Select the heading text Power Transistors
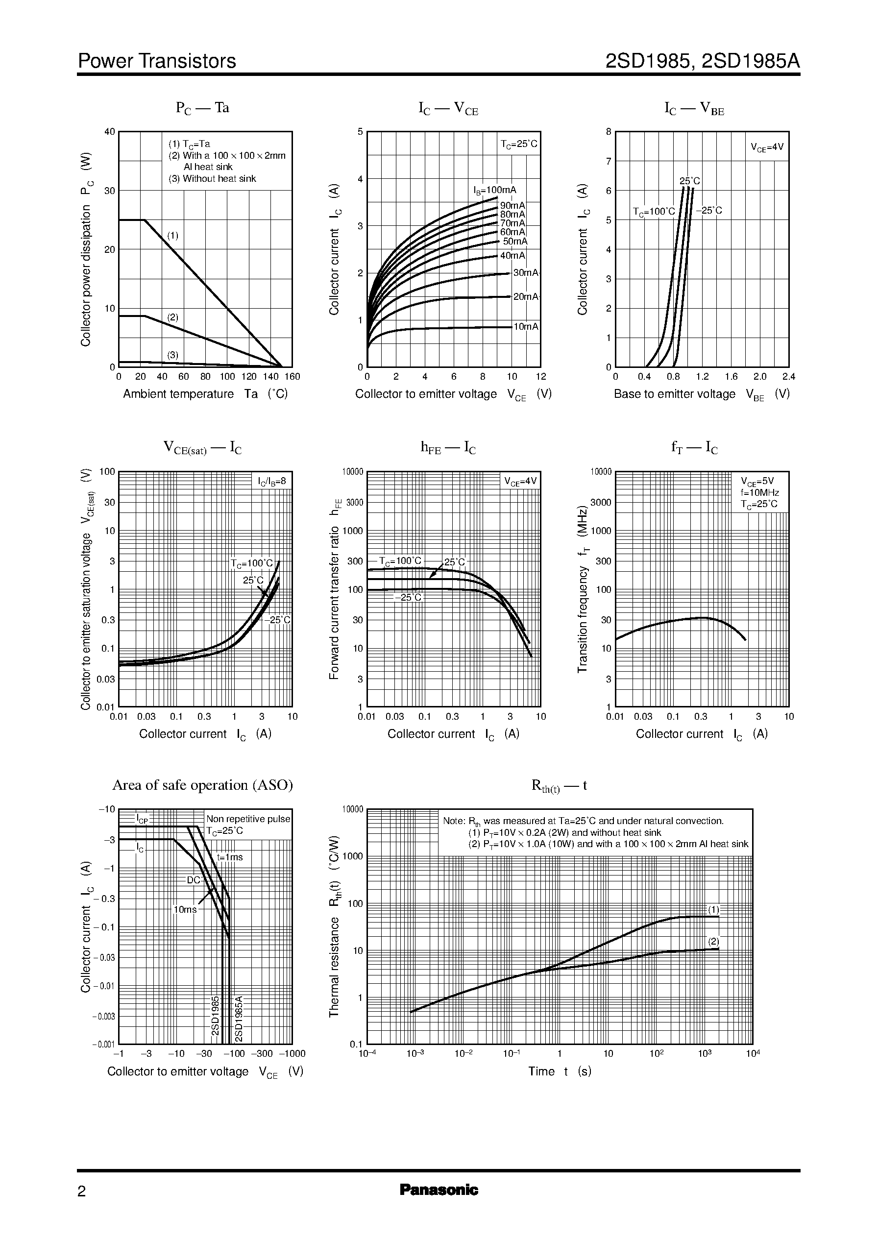point(157,61)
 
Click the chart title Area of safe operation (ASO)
point(202,785)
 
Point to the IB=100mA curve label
point(495,190)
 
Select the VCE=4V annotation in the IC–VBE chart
point(767,147)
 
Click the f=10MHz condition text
point(759,492)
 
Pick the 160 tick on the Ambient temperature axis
point(293,377)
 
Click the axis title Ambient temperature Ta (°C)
point(205,394)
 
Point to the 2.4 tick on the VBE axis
point(788,377)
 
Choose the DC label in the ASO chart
point(193,880)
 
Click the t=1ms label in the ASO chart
point(230,857)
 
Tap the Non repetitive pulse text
point(248,819)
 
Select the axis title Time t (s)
point(560,1071)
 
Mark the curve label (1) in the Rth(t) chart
point(714,910)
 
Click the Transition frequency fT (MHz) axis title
point(582,589)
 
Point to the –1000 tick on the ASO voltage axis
point(292,1053)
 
